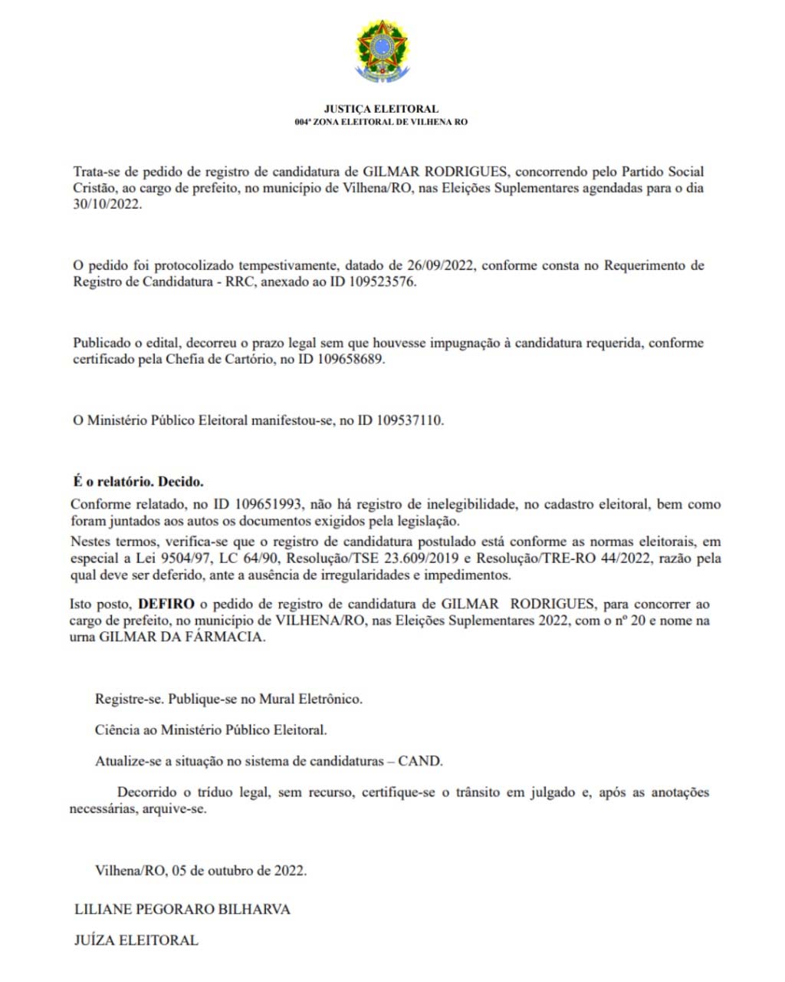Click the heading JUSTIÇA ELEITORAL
[x=381, y=109]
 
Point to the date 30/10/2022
[x=107, y=205]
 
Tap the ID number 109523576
[x=378, y=282]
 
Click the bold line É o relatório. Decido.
[x=138, y=482]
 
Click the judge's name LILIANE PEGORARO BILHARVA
[x=182, y=909]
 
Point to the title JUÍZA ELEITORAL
[x=136, y=940]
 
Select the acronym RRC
[x=243, y=282]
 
